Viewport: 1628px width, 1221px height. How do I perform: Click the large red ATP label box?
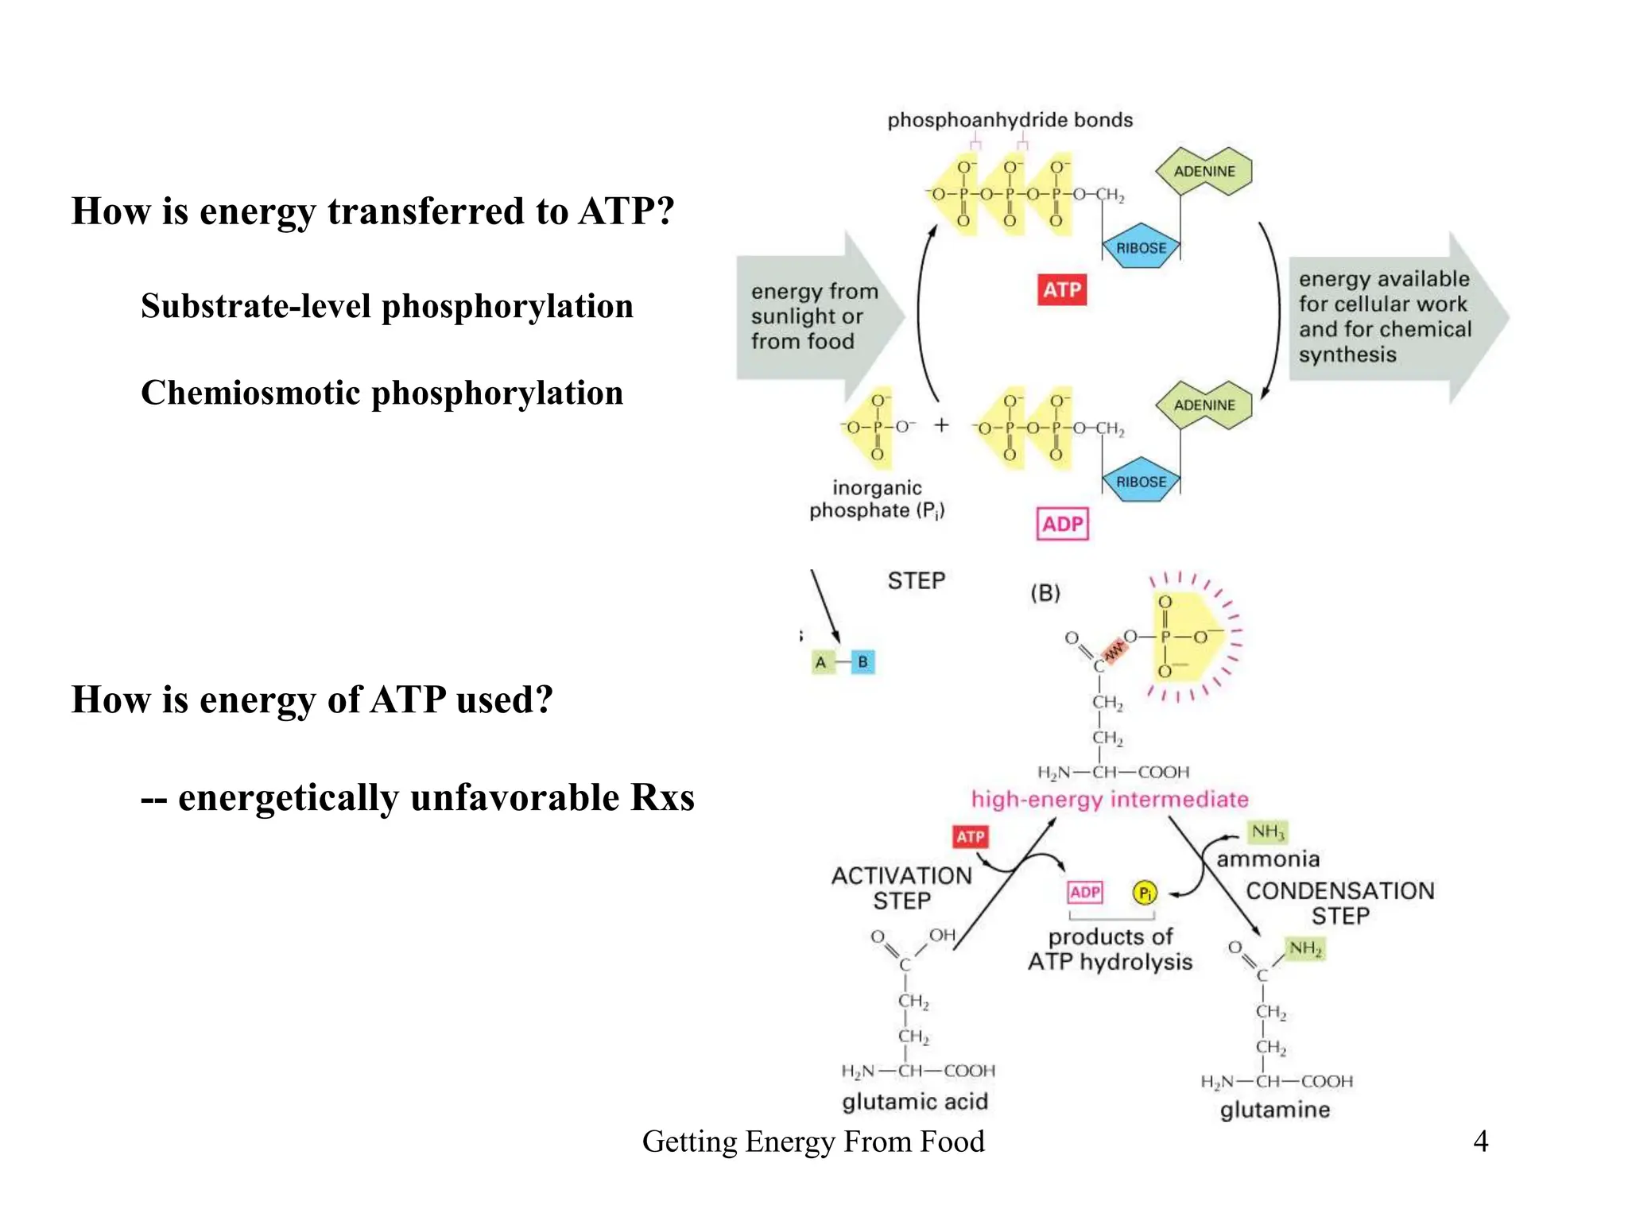[1061, 289]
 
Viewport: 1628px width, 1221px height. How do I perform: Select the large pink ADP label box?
[1062, 524]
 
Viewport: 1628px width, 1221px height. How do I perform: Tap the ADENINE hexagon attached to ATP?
[1204, 171]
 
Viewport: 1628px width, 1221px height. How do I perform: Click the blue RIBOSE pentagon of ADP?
[1141, 481]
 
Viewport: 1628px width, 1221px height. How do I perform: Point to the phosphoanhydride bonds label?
[1010, 120]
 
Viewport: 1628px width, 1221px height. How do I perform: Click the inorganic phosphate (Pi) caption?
[877, 498]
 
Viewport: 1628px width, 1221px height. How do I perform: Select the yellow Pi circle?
[1144, 893]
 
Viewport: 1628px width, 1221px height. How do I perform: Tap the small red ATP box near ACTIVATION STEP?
[970, 836]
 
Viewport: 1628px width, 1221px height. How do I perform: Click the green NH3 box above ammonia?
[1267, 831]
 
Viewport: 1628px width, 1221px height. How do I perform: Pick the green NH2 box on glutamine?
[1304, 948]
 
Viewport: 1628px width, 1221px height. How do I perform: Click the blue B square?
[862, 661]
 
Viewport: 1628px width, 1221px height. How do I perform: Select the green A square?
[822, 661]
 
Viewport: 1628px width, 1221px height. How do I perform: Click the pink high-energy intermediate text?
[1110, 799]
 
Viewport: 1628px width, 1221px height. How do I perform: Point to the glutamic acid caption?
[915, 1101]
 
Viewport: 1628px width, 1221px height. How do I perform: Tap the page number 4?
[1480, 1141]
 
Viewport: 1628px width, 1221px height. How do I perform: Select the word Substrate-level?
[255, 306]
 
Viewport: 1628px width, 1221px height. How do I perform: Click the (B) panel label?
[1045, 593]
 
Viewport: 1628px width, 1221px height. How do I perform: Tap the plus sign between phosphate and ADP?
[941, 425]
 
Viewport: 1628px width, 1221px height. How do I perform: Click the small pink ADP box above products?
[1084, 892]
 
